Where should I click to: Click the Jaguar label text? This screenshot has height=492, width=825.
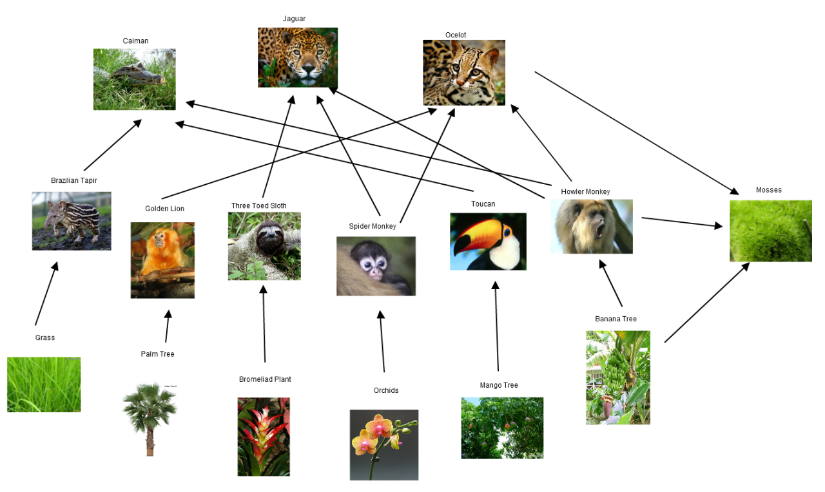[294, 19]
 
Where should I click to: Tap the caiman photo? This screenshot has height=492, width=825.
[134, 79]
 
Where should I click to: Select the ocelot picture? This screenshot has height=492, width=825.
[463, 72]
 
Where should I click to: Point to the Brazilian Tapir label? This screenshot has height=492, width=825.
[73, 180]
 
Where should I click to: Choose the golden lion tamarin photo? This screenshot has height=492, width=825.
[162, 260]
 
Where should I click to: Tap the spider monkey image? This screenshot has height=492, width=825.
[376, 266]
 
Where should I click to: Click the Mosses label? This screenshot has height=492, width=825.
[768, 190]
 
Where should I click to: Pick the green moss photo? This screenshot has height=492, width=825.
[770, 231]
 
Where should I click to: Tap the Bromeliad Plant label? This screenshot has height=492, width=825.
[265, 379]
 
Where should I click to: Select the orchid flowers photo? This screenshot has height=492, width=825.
[383, 444]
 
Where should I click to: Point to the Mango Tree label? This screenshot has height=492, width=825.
[498, 385]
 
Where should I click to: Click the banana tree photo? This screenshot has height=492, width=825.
[617, 377]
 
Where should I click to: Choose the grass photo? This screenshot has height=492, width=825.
[44, 384]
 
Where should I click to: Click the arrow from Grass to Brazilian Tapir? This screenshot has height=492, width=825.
[46, 293]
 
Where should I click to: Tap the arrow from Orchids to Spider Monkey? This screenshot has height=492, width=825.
[382, 341]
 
